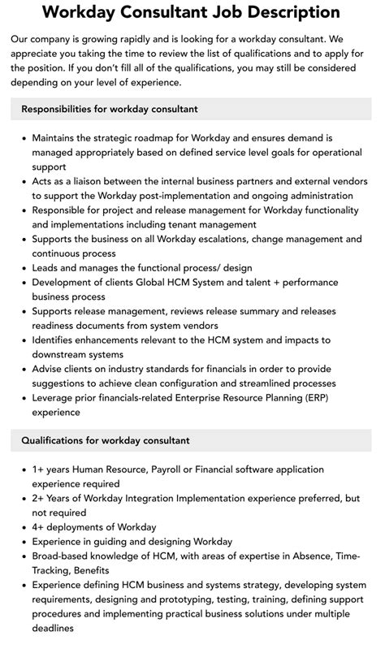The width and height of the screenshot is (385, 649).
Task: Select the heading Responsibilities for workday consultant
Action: click(x=110, y=109)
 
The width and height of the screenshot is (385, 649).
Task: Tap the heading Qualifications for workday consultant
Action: click(x=106, y=440)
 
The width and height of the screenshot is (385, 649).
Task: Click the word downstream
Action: click(x=63, y=354)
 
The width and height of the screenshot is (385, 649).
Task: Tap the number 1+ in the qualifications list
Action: click(x=39, y=469)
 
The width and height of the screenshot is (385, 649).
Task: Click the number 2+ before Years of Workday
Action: click(x=39, y=498)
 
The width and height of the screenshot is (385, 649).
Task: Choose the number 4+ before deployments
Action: click(x=39, y=527)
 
